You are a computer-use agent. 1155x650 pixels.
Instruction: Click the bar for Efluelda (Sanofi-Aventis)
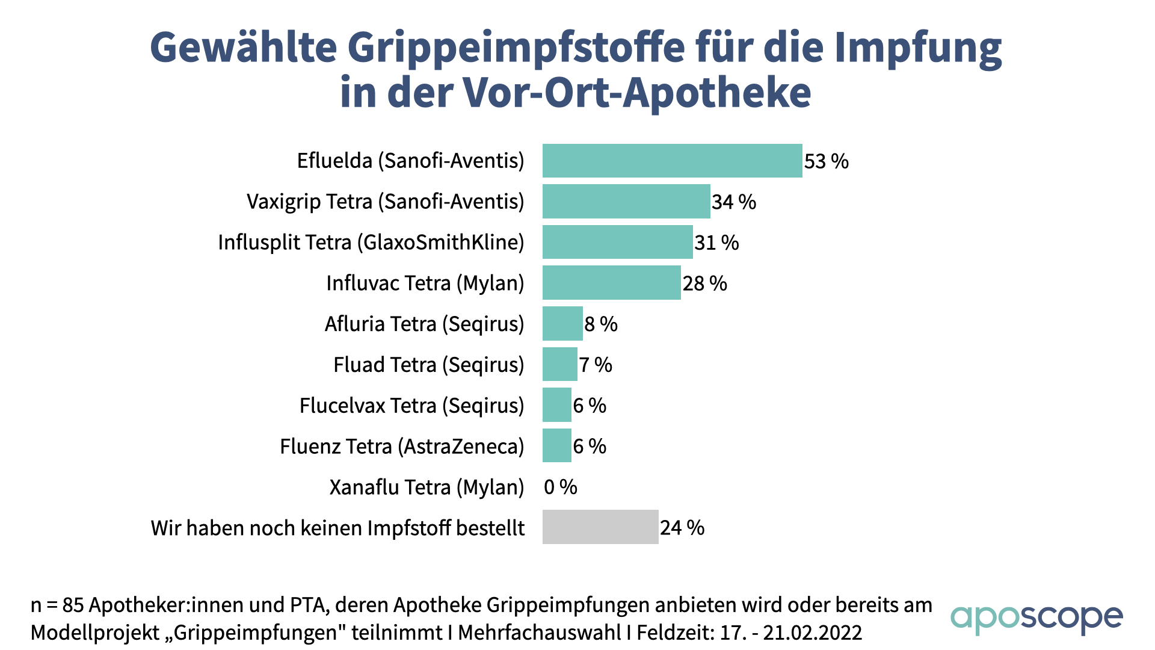tap(672, 161)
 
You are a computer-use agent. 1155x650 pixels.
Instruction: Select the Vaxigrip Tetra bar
tap(626, 201)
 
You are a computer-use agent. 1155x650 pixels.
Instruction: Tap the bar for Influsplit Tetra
tap(617, 242)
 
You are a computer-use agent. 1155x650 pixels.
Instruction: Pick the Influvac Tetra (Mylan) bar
tap(611, 283)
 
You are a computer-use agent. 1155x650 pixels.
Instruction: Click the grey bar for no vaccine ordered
tap(600, 527)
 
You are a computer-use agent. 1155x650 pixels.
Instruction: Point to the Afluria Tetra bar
tap(562, 324)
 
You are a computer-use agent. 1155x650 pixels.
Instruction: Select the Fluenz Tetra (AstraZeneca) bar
tap(556, 446)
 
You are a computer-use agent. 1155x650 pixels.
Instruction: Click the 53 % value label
tap(826, 161)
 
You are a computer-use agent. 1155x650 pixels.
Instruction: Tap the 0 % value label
tap(560, 487)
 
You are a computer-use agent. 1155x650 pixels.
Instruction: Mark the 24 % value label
tap(682, 528)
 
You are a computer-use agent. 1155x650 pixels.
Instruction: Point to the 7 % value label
tap(595, 365)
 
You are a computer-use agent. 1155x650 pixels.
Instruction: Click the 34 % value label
tap(733, 202)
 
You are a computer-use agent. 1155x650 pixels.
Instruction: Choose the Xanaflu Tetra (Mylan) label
tap(427, 487)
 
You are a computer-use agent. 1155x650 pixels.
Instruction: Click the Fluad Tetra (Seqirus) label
tap(428, 365)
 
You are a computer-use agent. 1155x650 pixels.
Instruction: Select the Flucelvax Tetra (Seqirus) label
tap(411, 406)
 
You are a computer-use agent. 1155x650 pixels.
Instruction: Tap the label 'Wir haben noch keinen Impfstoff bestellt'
tap(337, 528)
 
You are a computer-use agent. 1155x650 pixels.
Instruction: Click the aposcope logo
tap(1036, 618)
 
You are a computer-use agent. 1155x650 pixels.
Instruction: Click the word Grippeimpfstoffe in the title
tap(516, 47)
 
